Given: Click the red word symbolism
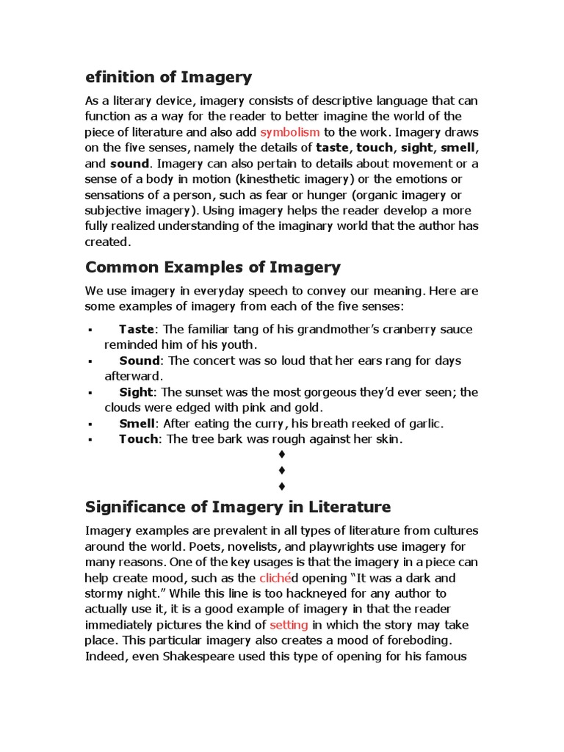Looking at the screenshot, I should pos(289,132).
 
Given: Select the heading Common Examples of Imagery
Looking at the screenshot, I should pos(213,267).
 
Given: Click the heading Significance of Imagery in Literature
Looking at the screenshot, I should pos(238,507).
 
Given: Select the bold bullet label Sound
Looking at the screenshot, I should pos(140,361).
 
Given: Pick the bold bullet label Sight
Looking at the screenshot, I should pos(137,392).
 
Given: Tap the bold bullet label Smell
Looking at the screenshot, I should pos(137,424).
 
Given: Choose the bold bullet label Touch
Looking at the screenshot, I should pos(139,439).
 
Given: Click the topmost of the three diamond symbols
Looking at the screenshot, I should pos(282,455).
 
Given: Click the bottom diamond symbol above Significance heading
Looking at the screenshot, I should pos(282,486).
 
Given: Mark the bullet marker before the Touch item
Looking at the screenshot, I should pos(89,440).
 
